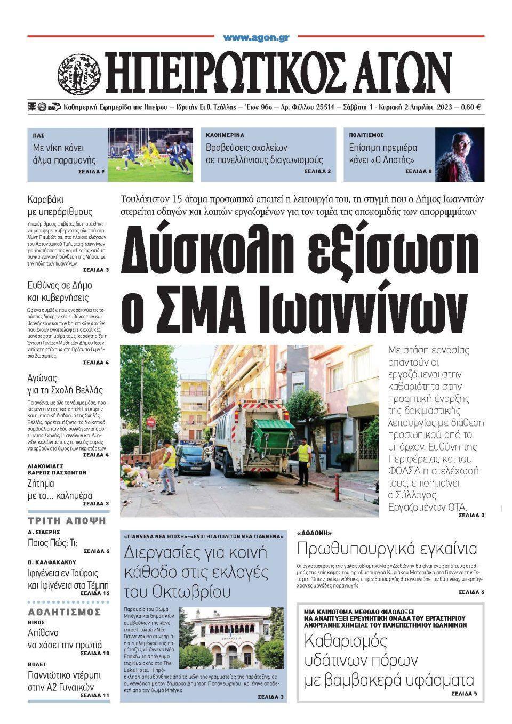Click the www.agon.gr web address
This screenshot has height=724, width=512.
click(256, 37)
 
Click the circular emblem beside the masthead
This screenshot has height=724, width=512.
click(79, 74)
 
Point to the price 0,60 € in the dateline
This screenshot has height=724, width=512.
click(470, 107)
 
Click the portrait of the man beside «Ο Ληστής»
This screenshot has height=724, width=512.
click(459, 154)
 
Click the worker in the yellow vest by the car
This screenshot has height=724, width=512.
click(167, 468)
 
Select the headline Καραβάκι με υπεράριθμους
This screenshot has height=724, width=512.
click(60, 206)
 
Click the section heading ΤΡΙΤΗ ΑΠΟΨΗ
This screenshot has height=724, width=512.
click(67, 521)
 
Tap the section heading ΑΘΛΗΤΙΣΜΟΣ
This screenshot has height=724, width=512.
click(65, 612)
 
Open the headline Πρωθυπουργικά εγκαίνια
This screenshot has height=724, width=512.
click(387, 548)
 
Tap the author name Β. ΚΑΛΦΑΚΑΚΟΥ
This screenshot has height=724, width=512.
click(52, 562)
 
